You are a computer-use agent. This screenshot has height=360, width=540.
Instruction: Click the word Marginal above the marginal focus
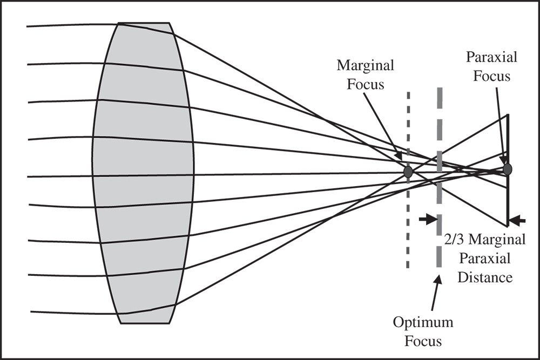click(366, 66)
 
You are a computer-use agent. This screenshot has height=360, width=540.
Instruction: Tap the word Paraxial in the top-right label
click(491, 57)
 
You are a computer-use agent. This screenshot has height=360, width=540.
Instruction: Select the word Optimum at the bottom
click(423, 323)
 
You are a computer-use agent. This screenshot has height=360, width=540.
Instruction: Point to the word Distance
click(483, 277)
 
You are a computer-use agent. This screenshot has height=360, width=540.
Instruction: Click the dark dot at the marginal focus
click(408, 172)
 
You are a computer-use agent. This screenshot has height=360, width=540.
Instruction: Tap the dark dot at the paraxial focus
click(507, 169)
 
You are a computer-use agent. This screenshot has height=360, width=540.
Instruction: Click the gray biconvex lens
click(143, 173)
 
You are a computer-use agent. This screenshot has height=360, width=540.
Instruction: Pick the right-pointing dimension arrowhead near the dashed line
click(430, 219)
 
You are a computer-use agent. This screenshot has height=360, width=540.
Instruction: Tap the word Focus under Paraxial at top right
click(492, 76)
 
